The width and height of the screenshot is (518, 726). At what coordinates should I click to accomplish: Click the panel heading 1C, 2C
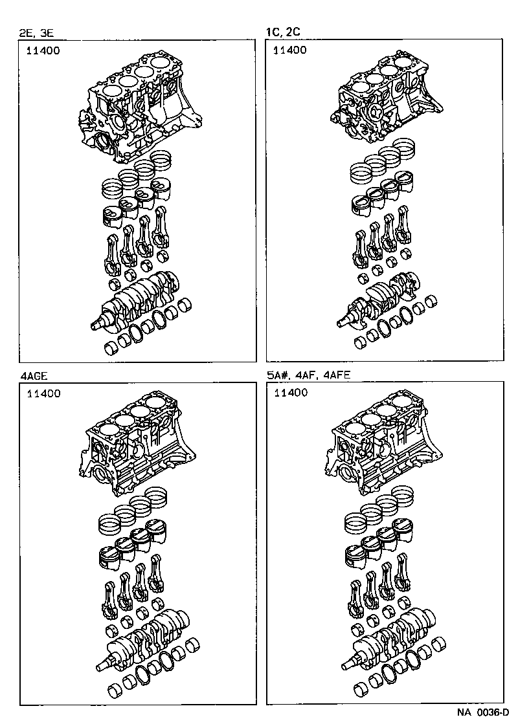point(283,32)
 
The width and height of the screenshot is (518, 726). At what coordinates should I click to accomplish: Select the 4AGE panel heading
point(34,375)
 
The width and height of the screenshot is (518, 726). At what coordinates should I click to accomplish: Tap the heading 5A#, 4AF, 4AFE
point(308,375)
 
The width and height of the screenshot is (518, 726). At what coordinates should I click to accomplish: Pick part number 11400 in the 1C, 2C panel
point(291,50)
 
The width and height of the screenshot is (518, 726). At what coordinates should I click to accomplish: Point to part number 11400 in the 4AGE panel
point(43,393)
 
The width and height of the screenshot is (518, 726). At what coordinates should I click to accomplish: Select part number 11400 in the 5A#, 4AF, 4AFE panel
point(291,393)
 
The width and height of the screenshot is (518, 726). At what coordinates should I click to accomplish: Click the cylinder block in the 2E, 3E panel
point(139,110)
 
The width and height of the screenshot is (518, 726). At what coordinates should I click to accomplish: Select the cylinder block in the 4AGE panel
point(139,446)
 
